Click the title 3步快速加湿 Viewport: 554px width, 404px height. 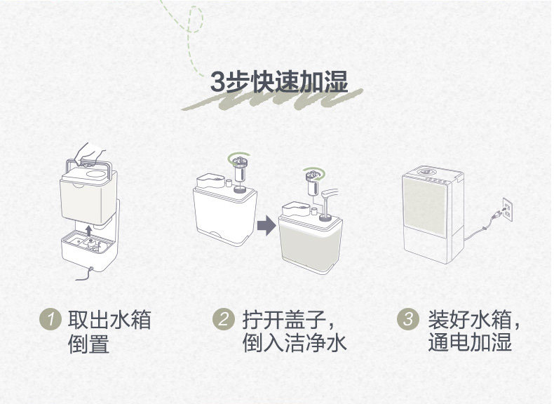(x=279, y=82)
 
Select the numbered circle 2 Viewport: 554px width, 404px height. (x=222, y=320)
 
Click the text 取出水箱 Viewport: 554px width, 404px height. (x=109, y=321)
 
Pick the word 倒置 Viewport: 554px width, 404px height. (x=88, y=344)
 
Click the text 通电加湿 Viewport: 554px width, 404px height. (x=470, y=344)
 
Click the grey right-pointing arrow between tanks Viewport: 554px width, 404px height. (x=266, y=226)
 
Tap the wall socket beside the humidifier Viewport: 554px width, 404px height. (x=506, y=210)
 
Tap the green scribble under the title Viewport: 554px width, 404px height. (x=273, y=102)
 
